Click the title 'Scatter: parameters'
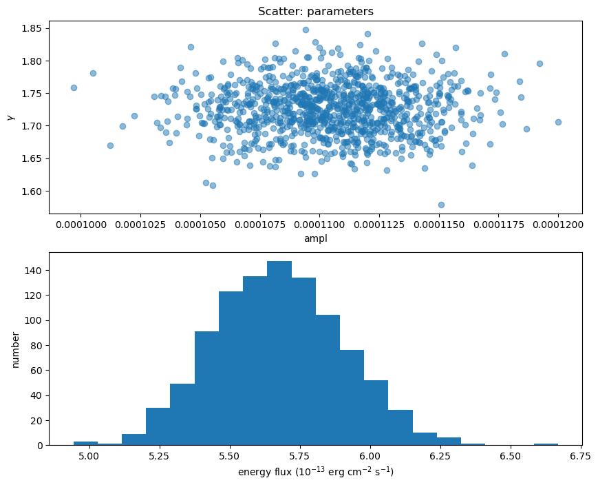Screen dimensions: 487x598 click(316, 11)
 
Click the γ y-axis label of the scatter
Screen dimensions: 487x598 click(10, 117)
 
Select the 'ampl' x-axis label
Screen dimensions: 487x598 click(316, 238)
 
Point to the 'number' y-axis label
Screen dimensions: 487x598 click(15, 349)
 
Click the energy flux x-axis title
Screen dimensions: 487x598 click(316, 472)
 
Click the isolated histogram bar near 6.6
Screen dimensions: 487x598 click(546, 444)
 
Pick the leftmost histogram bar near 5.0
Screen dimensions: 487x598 click(85, 443)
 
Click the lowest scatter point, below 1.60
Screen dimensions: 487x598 click(441, 205)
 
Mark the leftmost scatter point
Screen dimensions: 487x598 click(74, 87)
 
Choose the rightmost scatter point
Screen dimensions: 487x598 click(558, 122)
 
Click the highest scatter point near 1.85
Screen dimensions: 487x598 click(306, 30)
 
